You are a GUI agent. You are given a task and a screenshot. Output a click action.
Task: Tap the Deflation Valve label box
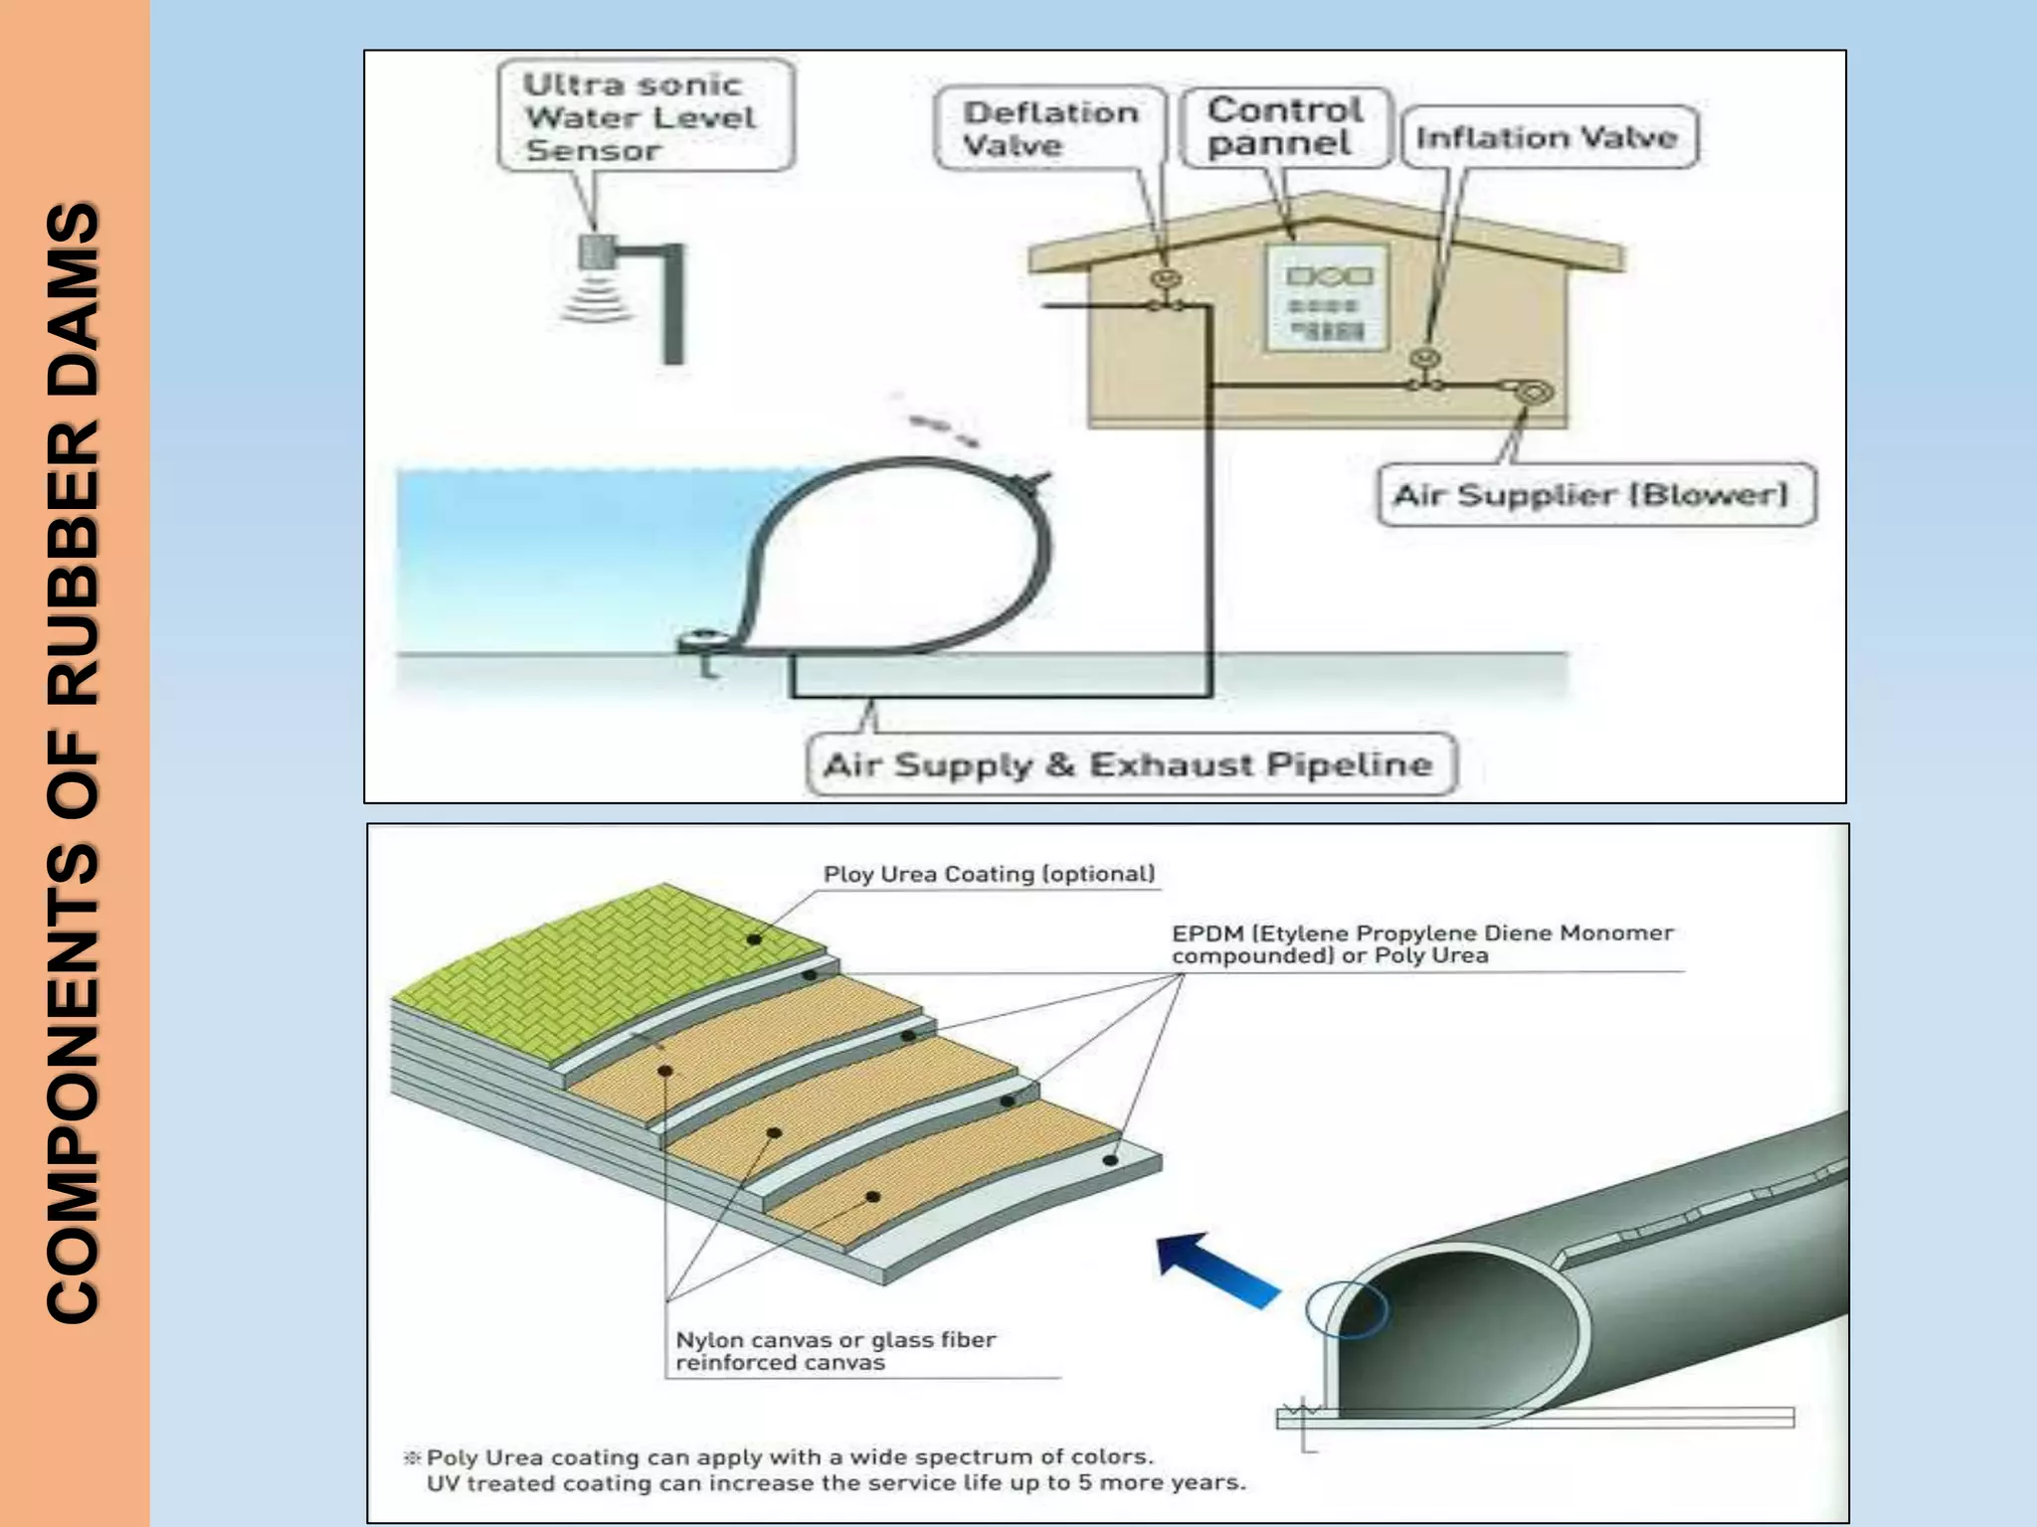tap(1050, 128)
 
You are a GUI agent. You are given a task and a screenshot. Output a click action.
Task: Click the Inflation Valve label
tap(1548, 137)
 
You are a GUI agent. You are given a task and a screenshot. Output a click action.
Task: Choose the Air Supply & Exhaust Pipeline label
tap(1129, 764)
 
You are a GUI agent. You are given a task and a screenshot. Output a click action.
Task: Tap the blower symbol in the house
tap(1533, 393)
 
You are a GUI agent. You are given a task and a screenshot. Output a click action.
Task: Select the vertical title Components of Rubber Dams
tap(74, 763)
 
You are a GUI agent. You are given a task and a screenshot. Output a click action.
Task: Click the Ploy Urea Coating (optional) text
tap(989, 874)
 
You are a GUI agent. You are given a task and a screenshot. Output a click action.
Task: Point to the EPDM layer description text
tap(1422, 944)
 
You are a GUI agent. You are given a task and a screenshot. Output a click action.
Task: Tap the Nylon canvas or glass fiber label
tap(835, 1351)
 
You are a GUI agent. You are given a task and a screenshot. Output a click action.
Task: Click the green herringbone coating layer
tap(637, 954)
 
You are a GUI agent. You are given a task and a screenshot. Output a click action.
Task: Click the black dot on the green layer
tap(755, 939)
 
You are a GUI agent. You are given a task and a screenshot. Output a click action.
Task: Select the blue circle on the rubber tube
tap(1346, 1308)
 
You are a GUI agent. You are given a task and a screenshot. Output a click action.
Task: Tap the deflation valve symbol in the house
tap(1168, 281)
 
